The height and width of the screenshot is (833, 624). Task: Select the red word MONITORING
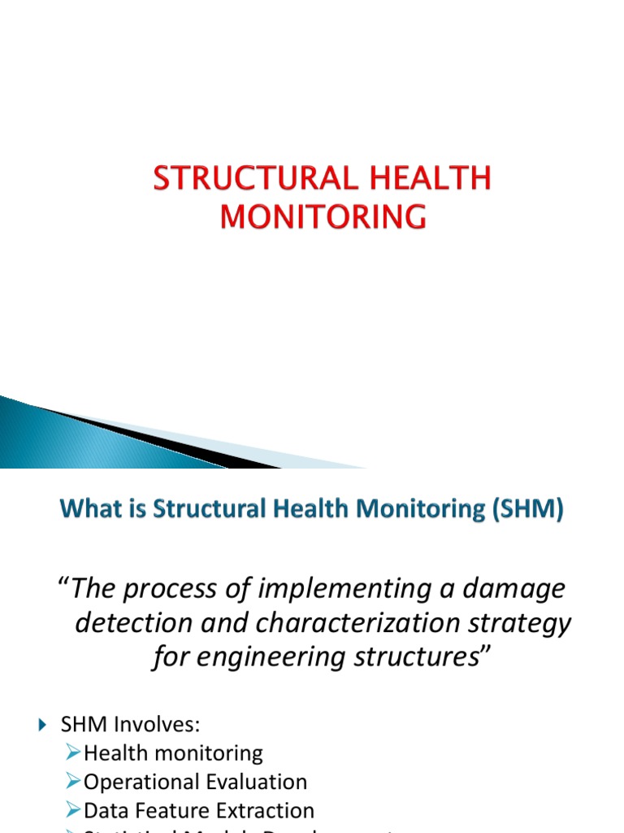[323, 217]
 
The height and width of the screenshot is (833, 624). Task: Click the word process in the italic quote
[177, 590]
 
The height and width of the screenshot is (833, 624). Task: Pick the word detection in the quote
[130, 624]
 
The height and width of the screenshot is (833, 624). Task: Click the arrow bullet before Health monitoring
[73, 753]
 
